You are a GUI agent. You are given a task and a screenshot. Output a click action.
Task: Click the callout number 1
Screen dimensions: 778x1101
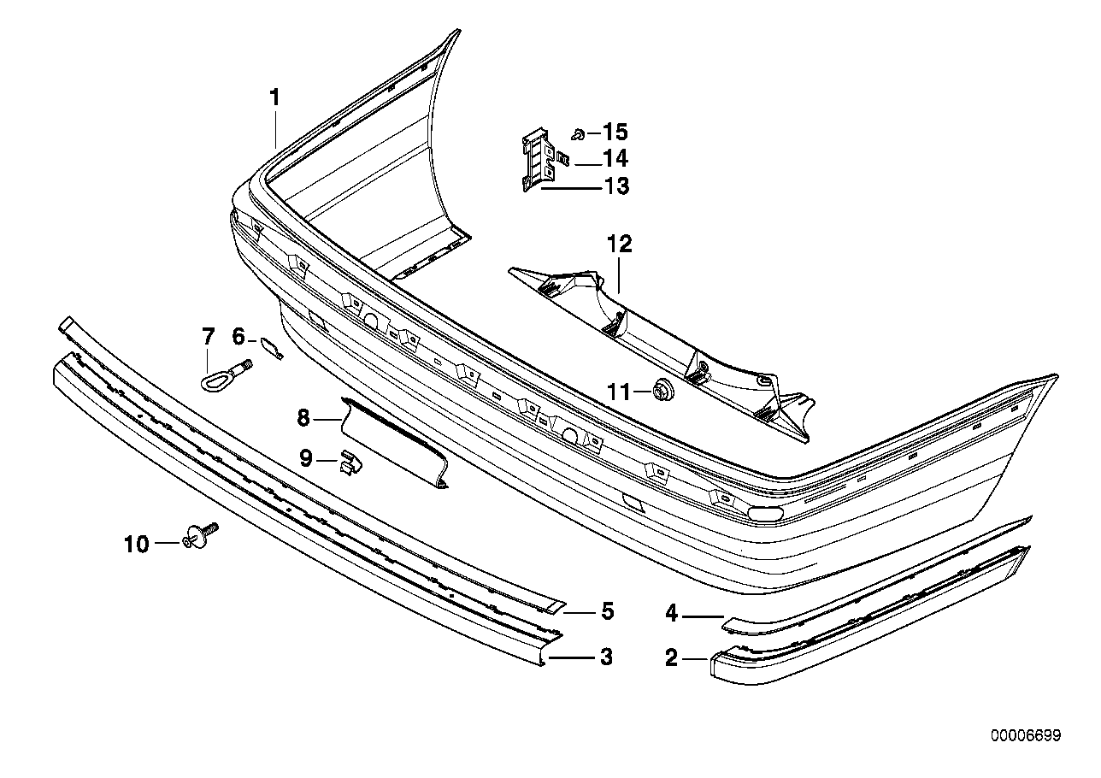pos(274,98)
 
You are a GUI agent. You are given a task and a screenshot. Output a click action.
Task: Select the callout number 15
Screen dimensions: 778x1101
pos(615,133)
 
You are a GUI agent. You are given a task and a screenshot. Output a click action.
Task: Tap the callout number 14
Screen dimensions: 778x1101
pos(615,158)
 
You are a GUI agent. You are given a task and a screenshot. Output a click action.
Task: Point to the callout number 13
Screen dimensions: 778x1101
pos(615,186)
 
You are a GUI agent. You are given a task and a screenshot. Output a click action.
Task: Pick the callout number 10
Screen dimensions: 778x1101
pos(136,544)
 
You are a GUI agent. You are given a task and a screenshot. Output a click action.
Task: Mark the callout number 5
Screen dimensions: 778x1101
pos(607,611)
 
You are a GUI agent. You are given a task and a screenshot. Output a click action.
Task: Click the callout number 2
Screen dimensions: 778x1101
pos(671,657)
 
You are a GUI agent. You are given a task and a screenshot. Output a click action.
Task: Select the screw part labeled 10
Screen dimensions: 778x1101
pos(202,536)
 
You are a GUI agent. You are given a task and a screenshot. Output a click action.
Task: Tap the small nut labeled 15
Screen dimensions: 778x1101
pos(578,133)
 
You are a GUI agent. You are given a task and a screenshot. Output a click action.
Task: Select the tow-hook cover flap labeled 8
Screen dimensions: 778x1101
pos(393,440)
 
